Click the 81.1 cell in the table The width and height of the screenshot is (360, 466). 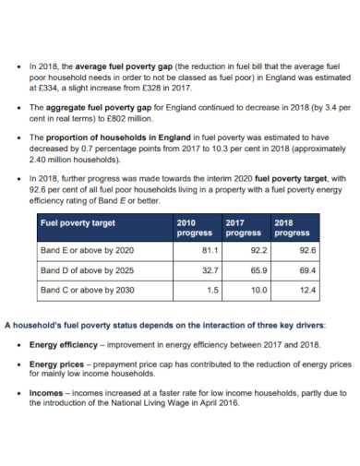coord(209,250)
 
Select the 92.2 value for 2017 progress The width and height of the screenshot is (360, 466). coord(258,250)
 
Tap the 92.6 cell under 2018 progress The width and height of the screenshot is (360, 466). coord(307,250)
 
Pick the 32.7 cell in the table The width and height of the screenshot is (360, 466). coord(209,270)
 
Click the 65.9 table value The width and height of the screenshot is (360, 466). coord(258,270)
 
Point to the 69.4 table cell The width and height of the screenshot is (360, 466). coord(307,270)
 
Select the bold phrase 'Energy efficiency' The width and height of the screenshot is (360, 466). coord(66,344)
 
